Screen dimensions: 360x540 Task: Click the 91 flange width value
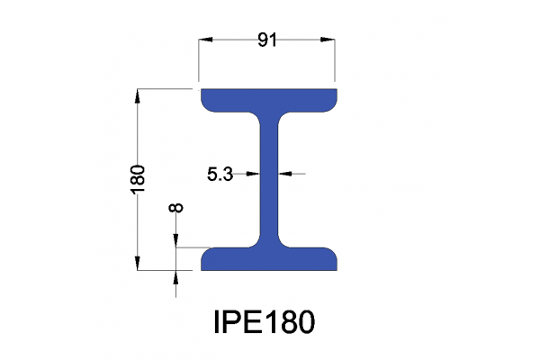point(267,40)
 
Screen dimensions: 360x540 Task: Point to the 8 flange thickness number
point(176,208)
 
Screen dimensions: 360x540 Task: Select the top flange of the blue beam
point(268,98)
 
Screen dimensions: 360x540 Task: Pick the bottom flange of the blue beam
point(268,259)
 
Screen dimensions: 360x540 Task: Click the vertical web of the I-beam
point(268,175)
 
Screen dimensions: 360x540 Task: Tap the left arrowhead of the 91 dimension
point(206,39)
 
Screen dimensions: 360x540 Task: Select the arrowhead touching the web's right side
point(283,174)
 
